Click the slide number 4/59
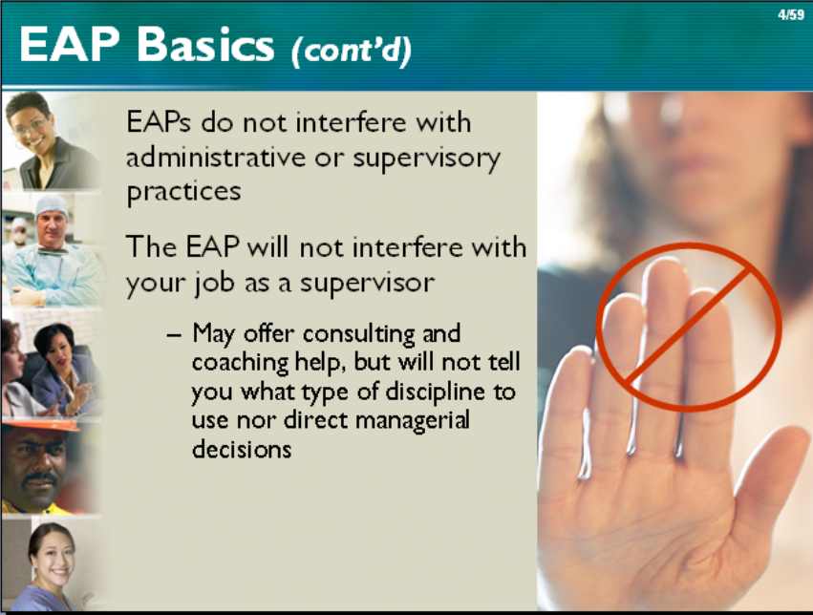click(x=790, y=15)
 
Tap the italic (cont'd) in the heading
click(x=352, y=51)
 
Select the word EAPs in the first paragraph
click(x=159, y=123)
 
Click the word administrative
click(x=216, y=157)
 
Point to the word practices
click(x=183, y=192)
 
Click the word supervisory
click(x=427, y=159)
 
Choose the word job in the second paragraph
click(x=213, y=284)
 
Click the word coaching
click(x=240, y=363)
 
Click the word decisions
click(x=242, y=449)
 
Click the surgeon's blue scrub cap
click(x=51, y=205)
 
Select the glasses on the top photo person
click(x=32, y=125)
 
